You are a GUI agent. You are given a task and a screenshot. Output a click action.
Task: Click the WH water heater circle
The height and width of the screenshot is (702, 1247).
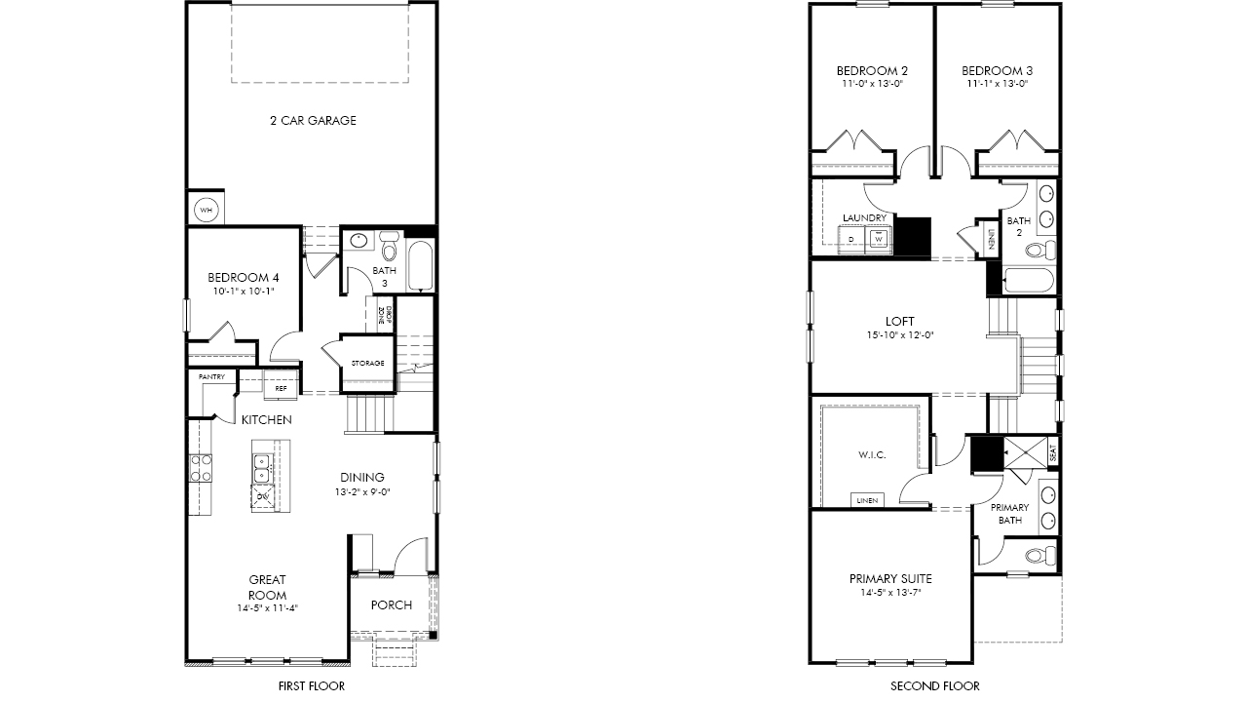(x=206, y=210)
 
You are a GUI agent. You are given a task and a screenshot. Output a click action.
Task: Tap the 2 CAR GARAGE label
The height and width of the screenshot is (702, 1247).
(x=313, y=120)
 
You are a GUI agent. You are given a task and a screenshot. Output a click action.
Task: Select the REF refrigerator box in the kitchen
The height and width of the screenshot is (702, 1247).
(x=282, y=388)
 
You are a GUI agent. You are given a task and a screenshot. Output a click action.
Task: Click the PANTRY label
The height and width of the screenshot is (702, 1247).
(x=211, y=377)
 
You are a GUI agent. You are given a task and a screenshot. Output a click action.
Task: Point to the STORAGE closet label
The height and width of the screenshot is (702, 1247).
(x=367, y=364)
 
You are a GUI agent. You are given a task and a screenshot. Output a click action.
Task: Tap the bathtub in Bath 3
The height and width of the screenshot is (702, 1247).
(x=420, y=265)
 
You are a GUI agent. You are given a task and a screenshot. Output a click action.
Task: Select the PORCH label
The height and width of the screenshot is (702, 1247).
(x=392, y=605)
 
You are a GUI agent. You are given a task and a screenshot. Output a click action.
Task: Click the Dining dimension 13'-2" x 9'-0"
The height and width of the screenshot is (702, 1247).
(x=362, y=492)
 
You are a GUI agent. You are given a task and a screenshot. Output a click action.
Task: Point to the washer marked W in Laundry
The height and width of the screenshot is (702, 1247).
(x=879, y=239)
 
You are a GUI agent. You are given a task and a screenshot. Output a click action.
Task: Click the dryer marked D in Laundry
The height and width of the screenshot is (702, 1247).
(x=851, y=239)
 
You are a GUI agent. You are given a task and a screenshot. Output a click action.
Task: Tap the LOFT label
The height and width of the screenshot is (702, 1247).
(x=899, y=322)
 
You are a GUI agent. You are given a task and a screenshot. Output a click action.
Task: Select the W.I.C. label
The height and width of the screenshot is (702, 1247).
(x=872, y=455)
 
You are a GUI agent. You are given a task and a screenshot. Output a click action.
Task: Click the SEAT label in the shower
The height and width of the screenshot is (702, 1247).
(x=1052, y=452)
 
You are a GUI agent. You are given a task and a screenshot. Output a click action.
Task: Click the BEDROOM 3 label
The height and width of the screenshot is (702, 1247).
(x=997, y=71)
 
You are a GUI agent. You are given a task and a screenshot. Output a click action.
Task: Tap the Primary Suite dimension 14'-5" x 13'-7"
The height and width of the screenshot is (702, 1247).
(x=890, y=593)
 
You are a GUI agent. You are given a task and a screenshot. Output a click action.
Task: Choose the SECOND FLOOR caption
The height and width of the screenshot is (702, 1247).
(x=935, y=686)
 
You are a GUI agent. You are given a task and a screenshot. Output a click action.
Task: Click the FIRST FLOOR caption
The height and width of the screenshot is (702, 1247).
(x=311, y=686)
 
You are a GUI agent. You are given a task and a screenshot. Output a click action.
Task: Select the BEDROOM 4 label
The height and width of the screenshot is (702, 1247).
(x=244, y=278)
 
